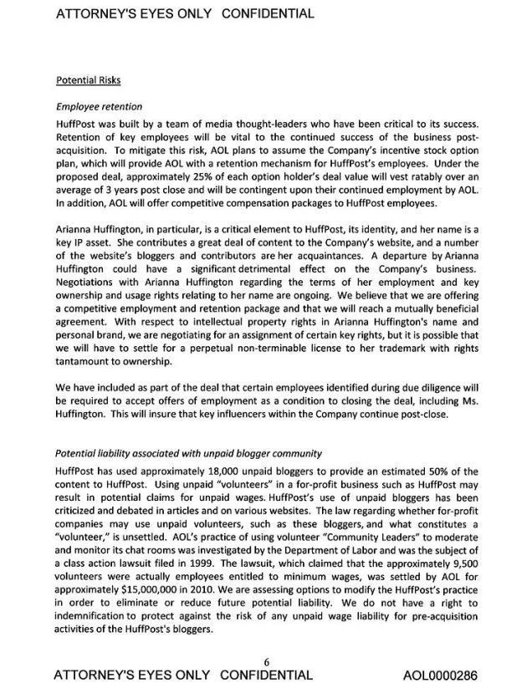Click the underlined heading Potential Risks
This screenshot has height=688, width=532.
88,81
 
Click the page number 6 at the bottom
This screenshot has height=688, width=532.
266,662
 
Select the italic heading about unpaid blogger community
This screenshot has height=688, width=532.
188,453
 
